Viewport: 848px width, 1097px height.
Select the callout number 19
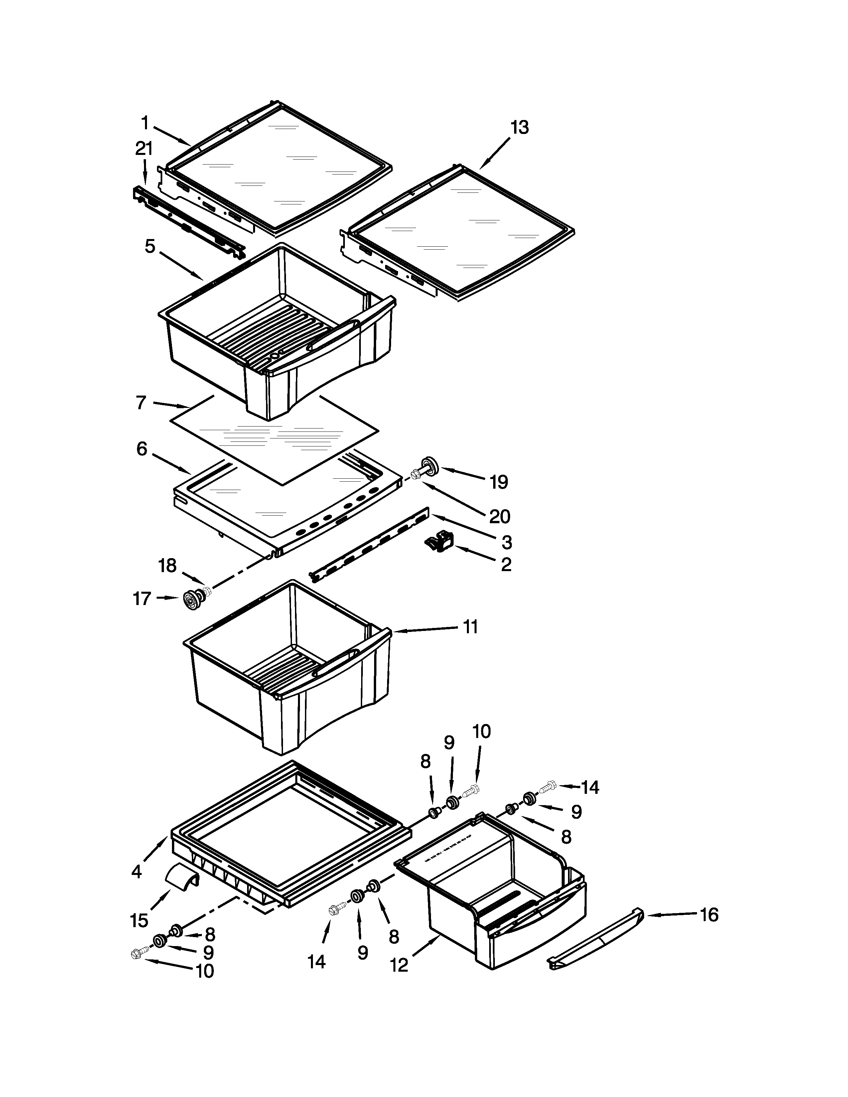point(498,482)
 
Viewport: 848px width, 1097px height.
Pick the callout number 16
point(709,915)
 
